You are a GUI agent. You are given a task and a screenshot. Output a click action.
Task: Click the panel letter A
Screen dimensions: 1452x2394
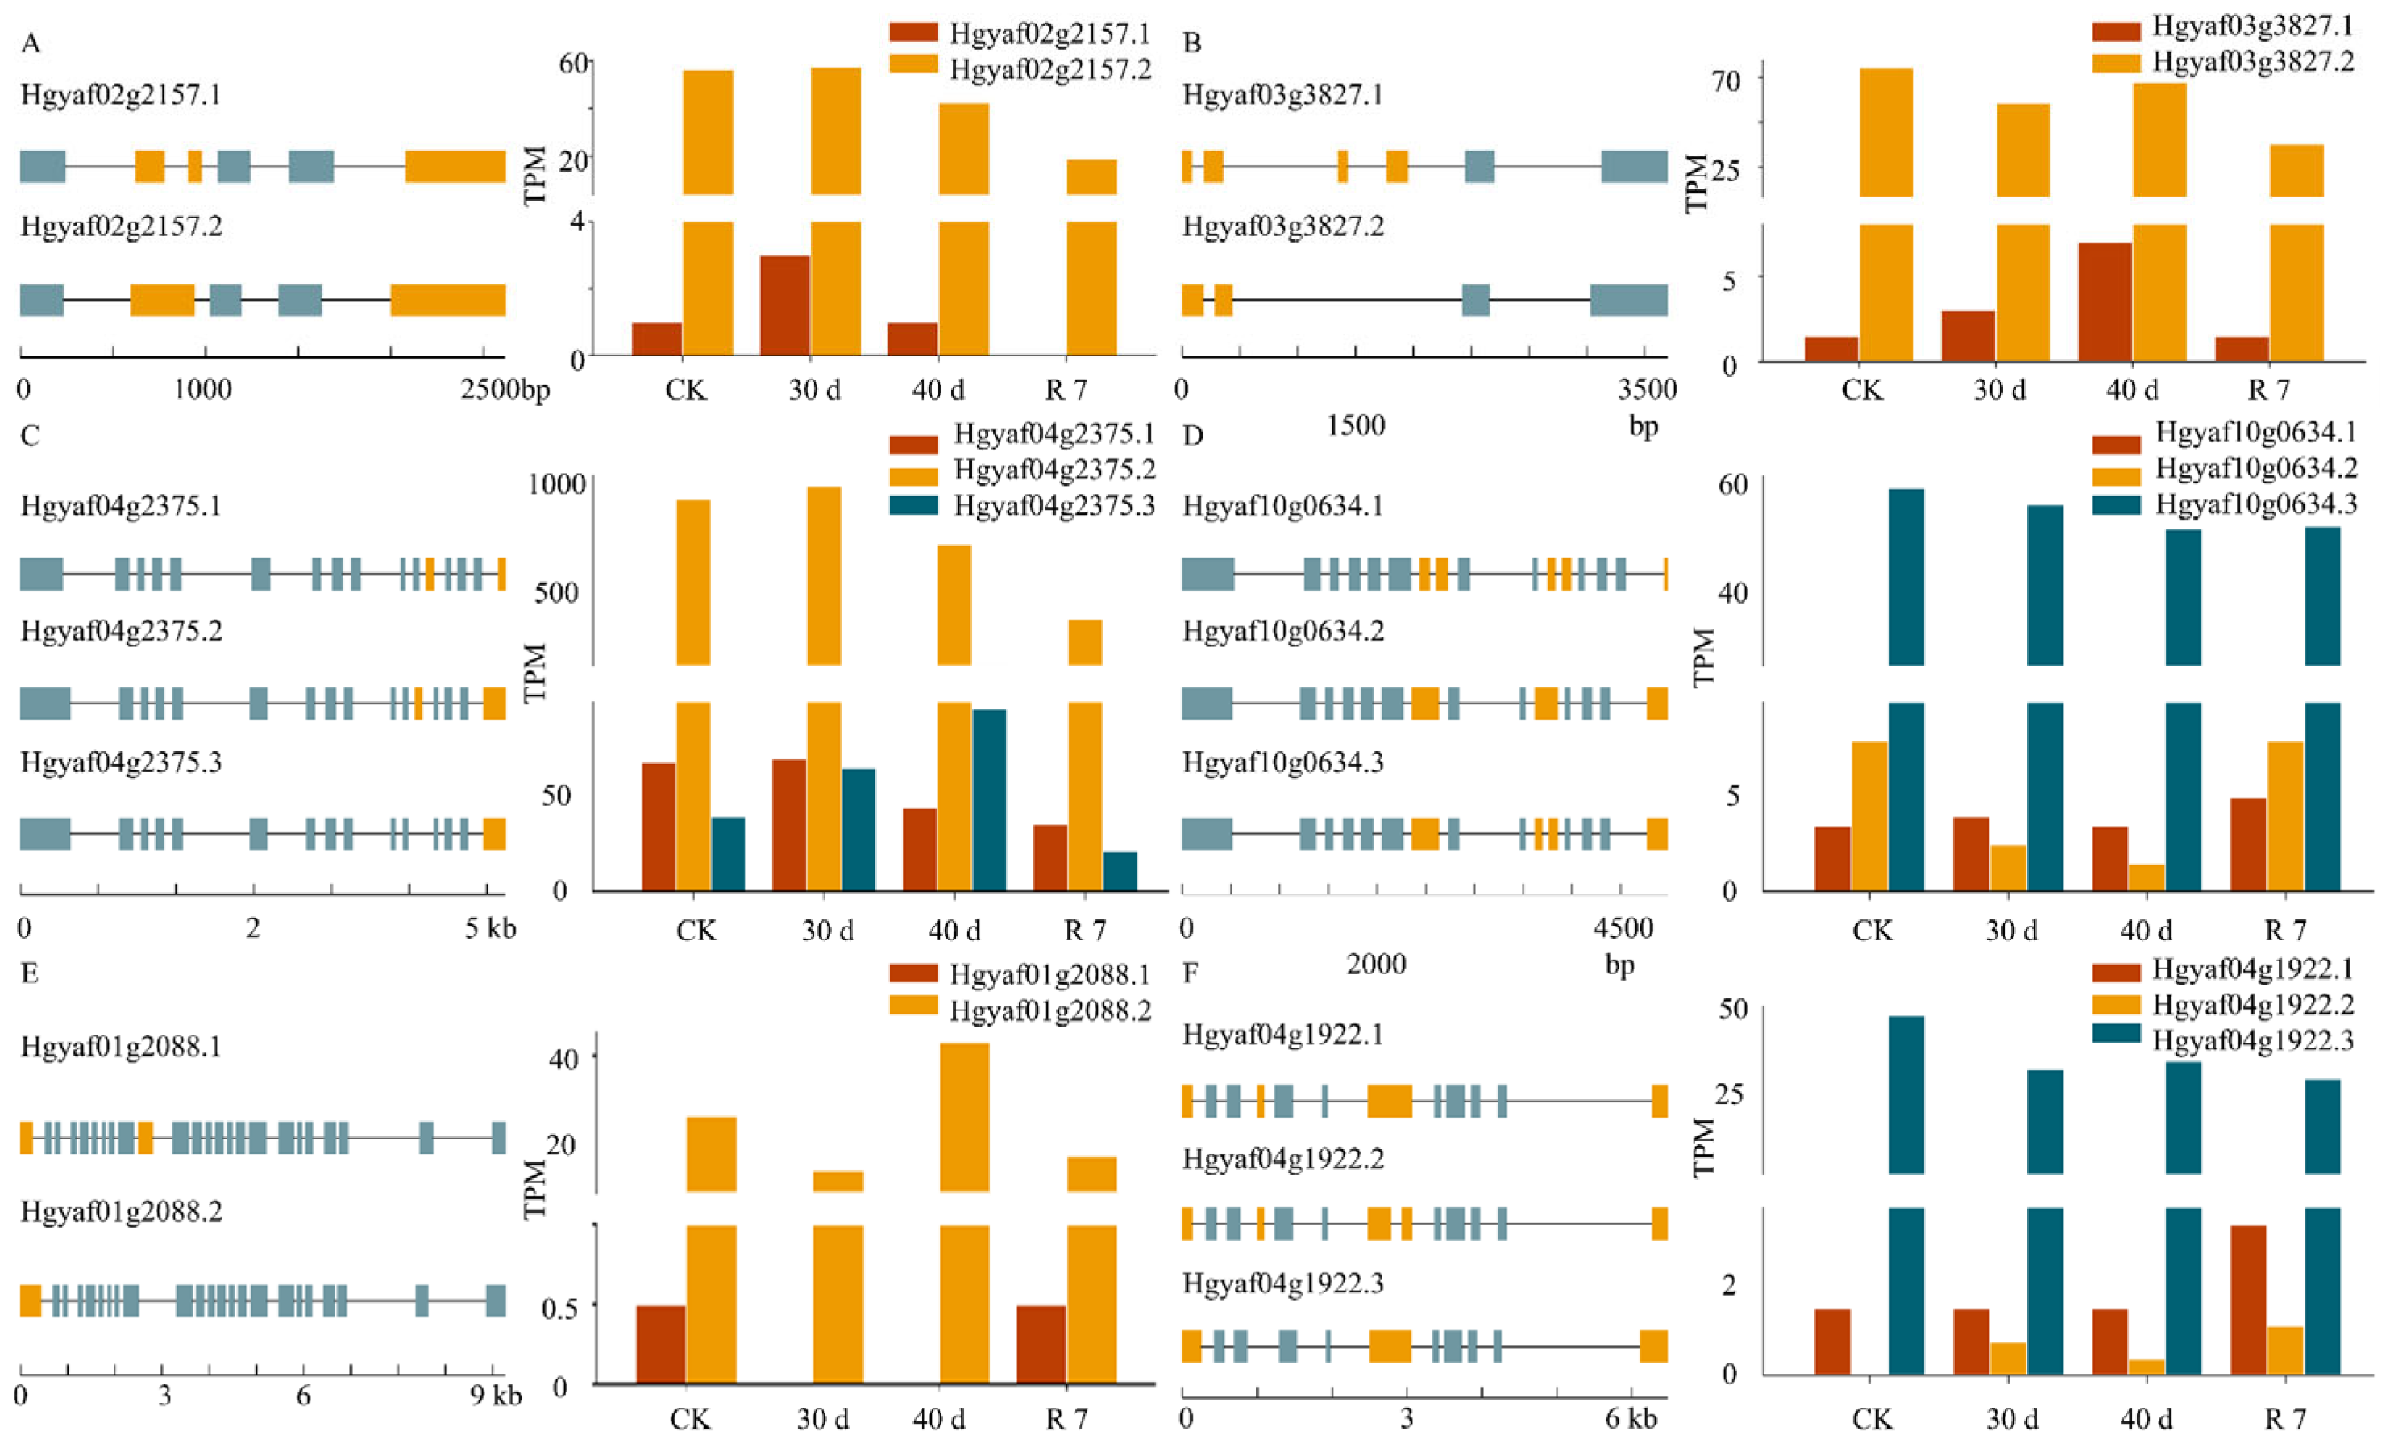(x=30, y=44)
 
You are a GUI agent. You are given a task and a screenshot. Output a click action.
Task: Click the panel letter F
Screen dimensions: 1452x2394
(x=1192, y=973)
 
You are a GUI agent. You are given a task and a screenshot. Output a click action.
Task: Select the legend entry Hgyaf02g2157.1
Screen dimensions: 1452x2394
(x=1049, y=34)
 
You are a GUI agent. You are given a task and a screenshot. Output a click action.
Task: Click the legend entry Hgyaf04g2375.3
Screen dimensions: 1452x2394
(x=1054, y=505)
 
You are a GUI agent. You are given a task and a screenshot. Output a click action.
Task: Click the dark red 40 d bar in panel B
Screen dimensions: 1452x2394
(x=2105, y=302)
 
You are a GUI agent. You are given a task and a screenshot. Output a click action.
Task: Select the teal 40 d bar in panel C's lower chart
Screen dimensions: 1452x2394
(x=988, y=799)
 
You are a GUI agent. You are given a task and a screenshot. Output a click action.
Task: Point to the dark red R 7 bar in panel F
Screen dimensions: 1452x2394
(x=2247, y=1300)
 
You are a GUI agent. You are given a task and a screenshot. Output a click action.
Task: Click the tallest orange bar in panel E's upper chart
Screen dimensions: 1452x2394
(x=964, y=1117)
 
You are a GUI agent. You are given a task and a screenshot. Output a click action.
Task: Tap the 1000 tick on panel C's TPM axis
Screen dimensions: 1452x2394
(x=557, y=483)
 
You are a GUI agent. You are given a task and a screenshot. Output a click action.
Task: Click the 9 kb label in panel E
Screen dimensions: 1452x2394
(x=496, y=1396)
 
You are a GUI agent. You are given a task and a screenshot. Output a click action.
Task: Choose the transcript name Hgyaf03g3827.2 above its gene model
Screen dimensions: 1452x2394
(x=1282, y=226)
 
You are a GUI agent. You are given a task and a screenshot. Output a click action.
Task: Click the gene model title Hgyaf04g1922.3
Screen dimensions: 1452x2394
(x=1282, y=1283)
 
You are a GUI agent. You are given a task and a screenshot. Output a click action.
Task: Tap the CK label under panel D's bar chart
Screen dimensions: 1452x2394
(x=1872, y=931)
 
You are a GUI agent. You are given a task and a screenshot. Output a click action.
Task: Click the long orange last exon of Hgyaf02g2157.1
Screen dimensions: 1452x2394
(x=455, y=166)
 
